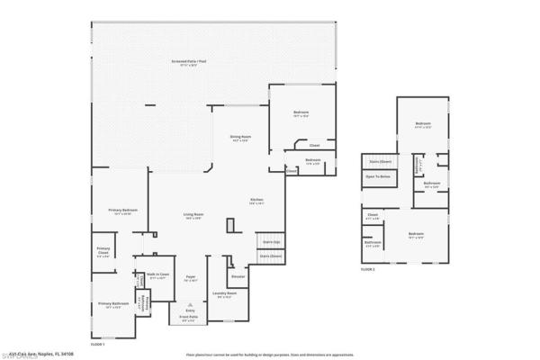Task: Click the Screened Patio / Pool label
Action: point(184,63)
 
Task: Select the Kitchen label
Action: point(256,201)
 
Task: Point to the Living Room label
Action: point(193,215)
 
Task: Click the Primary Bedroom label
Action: point(122,211)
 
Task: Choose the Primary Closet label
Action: point(103,251)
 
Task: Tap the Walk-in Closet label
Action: point(157,276)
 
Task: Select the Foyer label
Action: point(191,278)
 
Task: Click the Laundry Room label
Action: point(224,294)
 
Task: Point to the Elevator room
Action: point(238,276)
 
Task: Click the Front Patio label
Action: point(188,318)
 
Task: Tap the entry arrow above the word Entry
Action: point(190,304)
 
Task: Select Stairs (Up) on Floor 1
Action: point(270,242)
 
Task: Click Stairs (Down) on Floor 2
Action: point(380,162)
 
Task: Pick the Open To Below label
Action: point(377,177)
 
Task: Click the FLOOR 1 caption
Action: point(98,345)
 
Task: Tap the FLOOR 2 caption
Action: point(367,269)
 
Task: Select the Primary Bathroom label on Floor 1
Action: point(113,305)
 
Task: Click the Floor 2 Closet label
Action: point(373,216)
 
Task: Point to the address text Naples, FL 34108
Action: point(67,353)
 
